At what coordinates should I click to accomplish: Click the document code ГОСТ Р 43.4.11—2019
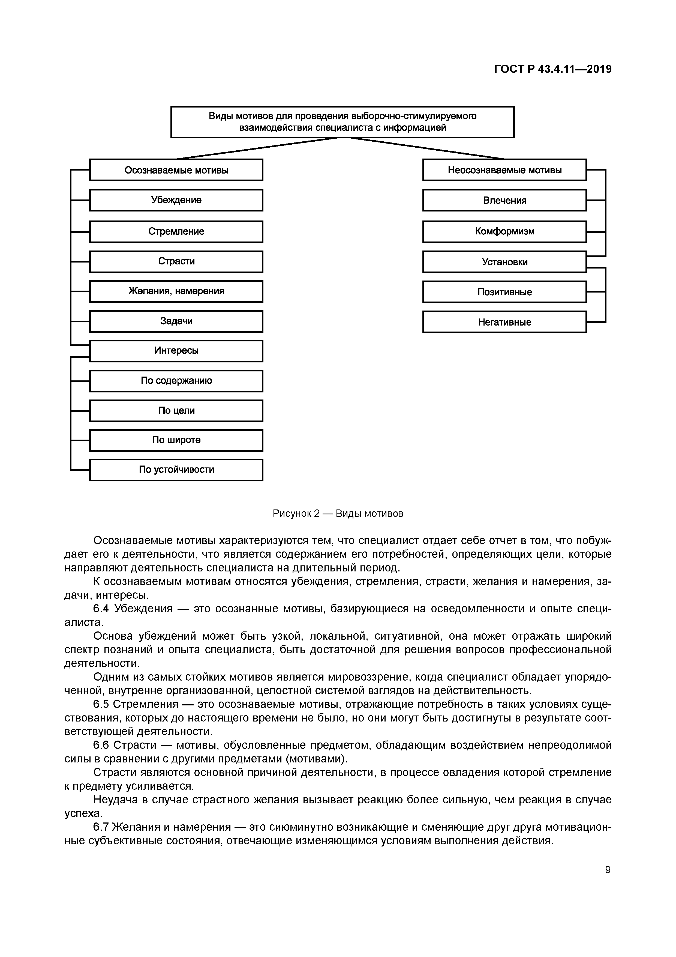coord(553,69)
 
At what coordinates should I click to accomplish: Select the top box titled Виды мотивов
coord(342,122)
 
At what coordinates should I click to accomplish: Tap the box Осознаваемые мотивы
coord(176,170)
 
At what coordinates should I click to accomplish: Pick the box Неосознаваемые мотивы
coord(504,170)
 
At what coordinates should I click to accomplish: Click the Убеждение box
coord(176,200)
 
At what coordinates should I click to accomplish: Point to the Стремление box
coord(176,232)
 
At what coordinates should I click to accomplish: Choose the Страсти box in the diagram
coord(176,261)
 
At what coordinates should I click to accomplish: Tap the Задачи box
coord(176,321)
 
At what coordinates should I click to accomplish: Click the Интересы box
coord(176,351)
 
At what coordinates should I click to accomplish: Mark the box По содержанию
coord(176,381)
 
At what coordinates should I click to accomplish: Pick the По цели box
coord(176,411)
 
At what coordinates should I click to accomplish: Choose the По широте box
coord(176,440)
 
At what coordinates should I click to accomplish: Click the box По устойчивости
coord(176,470)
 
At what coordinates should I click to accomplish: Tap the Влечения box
coord(504,201)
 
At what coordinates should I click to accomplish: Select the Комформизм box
coord(504,232)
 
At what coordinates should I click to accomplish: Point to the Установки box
coord(504,262)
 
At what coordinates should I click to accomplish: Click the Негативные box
coord(504,322)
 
